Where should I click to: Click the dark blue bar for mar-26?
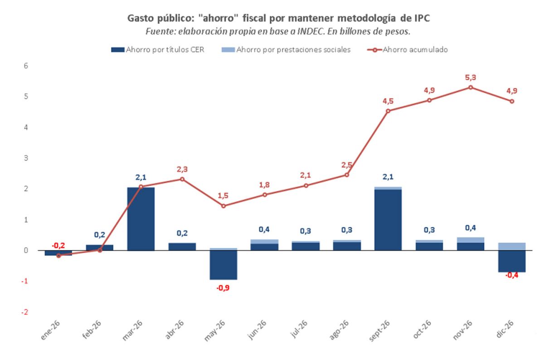141,219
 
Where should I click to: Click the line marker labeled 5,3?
471,87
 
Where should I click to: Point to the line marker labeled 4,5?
388,111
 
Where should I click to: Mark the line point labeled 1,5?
223,206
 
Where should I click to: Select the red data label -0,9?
223,287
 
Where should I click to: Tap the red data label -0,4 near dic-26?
511,276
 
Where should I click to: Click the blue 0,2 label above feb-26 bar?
100,235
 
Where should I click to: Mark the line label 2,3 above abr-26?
182,169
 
